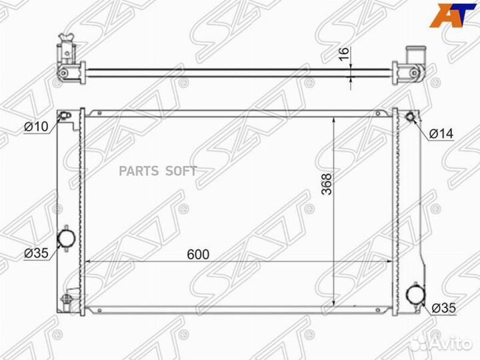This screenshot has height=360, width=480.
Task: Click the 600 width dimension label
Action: (x=198, y=255)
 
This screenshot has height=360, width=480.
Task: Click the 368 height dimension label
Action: (x=327, y=184)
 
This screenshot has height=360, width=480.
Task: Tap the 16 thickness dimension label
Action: (x=345, y=54)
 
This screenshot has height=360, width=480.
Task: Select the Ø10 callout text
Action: (x=36, y=126)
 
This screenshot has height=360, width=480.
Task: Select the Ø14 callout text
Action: (x=441, y=134)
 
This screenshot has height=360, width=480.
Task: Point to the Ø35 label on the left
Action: (x=36, y=253)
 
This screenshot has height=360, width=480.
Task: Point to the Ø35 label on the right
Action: (x=444, y=308)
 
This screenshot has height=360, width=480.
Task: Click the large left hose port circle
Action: (x=67, y=238)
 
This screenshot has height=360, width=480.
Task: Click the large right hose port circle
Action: (x=415, y=295)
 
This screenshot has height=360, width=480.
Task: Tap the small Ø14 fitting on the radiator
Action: (x=410, y=117)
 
